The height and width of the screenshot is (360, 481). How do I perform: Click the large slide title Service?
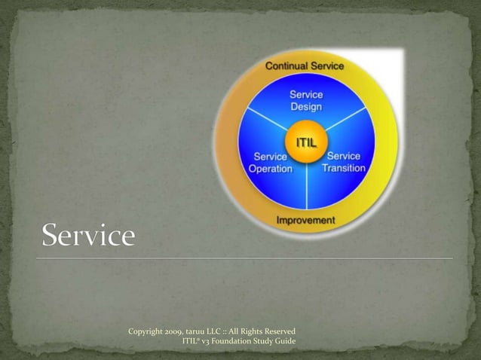tap(88, 236)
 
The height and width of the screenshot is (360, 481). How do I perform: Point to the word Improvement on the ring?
tap(305, 220)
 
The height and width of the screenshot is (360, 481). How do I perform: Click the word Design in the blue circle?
tap(306, 107)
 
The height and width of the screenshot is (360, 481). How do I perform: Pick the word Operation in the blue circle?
tap(271, 168)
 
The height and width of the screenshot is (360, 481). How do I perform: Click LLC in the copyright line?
tap(225, 331)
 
